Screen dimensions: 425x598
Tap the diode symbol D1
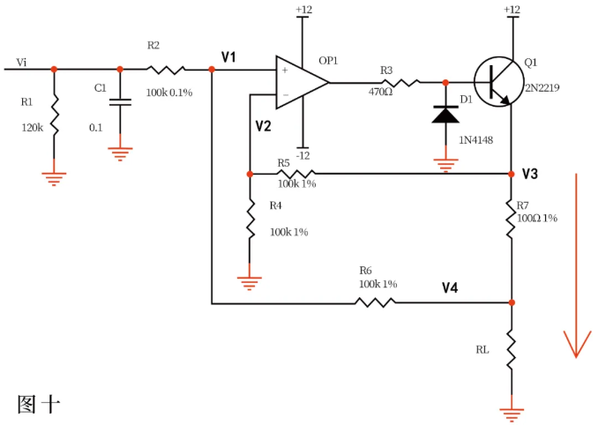(445, 114)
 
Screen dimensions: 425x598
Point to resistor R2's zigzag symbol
(166, 69)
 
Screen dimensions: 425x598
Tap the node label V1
(229, 57)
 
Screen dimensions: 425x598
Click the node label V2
(263, 126)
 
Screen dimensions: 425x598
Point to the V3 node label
(530, 173)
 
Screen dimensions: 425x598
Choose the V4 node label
(451, 287)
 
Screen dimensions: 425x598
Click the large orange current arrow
(577, 265)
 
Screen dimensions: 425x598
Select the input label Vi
(22, 63)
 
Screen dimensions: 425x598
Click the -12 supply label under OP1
(303, 155)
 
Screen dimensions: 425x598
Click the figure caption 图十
(38, 404)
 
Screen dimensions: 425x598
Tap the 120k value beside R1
(32, 127)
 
